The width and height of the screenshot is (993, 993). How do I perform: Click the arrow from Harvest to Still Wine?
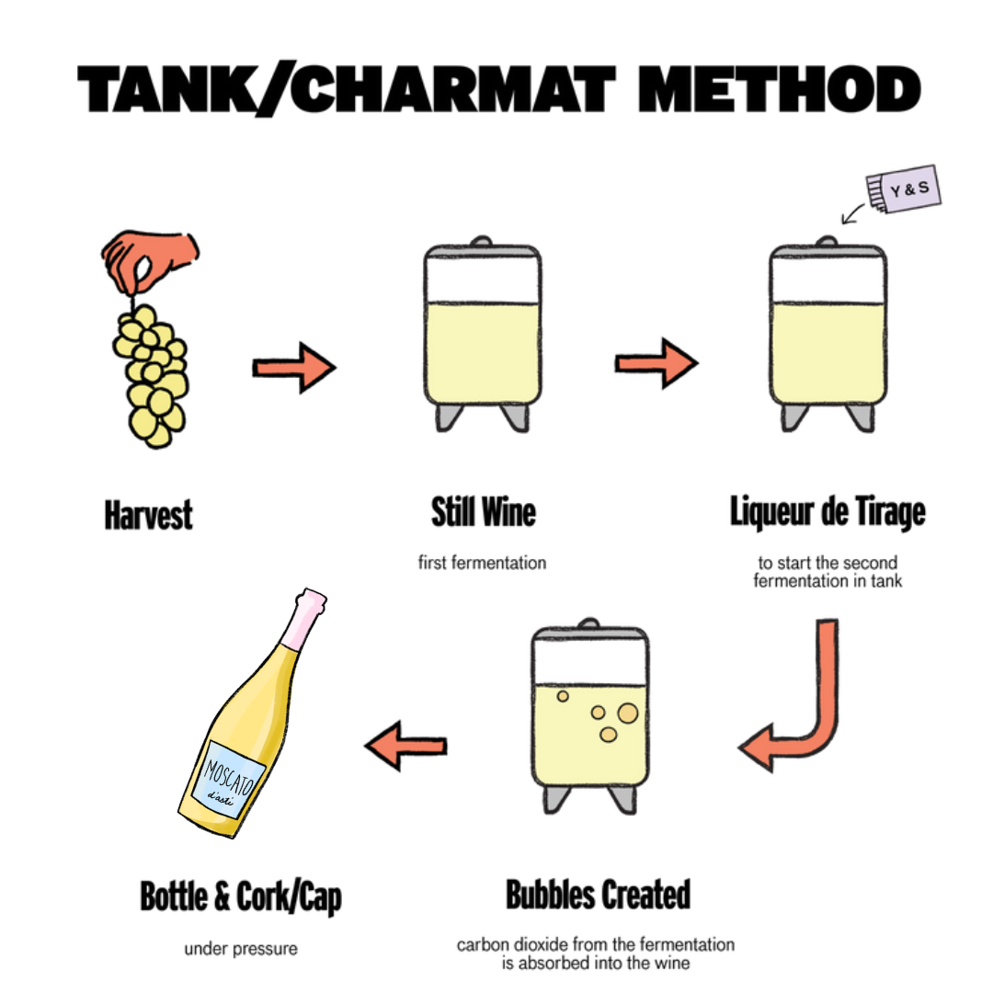point(294,367)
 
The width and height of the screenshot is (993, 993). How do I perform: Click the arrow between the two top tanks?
point(656,363)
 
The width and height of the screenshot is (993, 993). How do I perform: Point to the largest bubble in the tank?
point(628,713)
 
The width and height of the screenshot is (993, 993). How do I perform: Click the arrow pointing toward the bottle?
point(406,746)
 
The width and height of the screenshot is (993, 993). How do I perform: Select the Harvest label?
point(148,515)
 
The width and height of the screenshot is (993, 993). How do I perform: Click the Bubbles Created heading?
point(598,895)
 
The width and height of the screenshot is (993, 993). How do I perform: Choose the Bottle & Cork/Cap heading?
point(241,897)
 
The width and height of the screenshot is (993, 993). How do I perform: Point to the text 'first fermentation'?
point(482,563)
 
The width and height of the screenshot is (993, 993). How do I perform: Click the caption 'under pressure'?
point(241,949)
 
